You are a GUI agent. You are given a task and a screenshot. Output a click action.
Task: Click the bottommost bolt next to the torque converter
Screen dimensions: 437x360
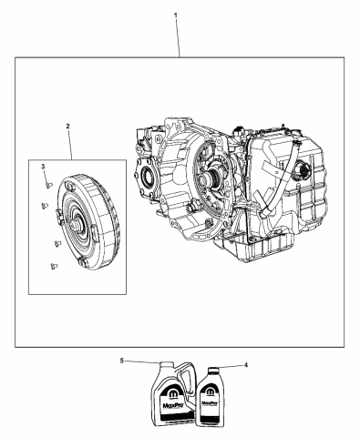tap(52, 267)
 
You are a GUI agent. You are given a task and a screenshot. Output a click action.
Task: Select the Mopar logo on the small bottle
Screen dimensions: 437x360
tap(211, 387)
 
